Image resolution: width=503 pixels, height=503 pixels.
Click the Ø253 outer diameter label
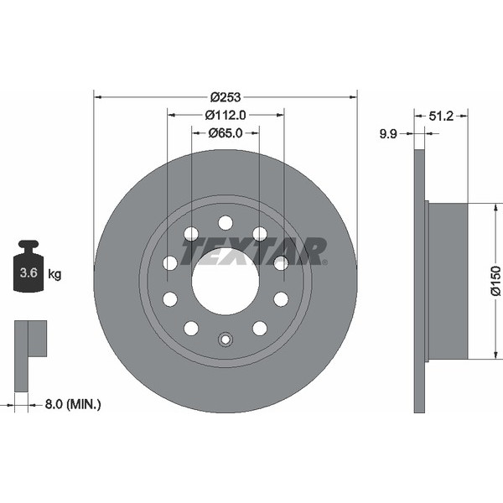(x=226, y=96)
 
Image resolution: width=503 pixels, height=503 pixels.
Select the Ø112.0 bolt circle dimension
(x=226, y=115)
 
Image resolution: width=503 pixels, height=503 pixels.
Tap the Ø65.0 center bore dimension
(x=225, y=132)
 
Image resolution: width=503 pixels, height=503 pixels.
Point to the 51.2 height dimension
(x=441, y=117)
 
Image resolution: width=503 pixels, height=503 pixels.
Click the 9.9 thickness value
(x=388, y=132)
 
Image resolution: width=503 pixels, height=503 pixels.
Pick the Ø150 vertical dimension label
(x=495, y=281)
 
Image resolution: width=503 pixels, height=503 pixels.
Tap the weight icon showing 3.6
(x=29, y=267)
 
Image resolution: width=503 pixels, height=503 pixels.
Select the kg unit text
(x=55, y=273)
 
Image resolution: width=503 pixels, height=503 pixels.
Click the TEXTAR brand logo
(x=255, y=250)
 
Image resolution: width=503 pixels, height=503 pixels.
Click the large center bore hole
(x=225, y=281)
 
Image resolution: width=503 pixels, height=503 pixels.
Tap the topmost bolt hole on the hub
(x=225, y=222)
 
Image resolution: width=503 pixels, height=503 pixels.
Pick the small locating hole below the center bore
(x=225, y=340)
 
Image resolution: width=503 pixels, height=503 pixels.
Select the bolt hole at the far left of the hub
(x=170, y=263)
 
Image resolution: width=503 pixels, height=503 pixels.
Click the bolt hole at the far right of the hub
(x=281, y=263)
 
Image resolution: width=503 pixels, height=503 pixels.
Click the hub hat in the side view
(x=449, y=281)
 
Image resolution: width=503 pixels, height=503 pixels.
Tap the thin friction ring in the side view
(x=420, y=281)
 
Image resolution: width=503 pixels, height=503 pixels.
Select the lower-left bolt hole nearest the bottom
(x=191, y=328)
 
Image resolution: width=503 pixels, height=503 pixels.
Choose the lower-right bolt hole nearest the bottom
(x=260, y=328)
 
